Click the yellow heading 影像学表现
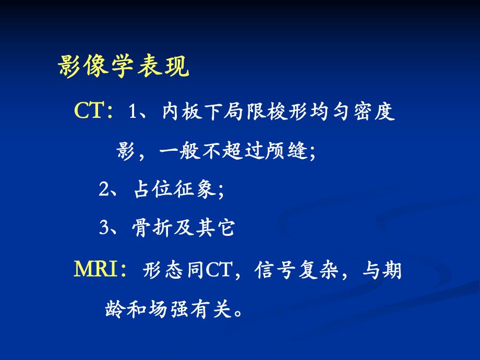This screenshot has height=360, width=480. [x=123, y=66]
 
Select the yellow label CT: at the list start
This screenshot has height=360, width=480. [x=94, y=110]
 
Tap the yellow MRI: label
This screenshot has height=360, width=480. [x=100, y=269]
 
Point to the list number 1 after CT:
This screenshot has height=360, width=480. [x=132, y=111]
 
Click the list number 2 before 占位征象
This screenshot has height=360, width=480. [x=104, y=189]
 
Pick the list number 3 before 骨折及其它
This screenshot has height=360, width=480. [x=104, y=228]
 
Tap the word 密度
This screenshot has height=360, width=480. [x=374, y=111]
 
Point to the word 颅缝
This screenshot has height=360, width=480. [x=287, y=151]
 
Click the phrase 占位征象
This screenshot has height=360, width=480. [x=175, y=189]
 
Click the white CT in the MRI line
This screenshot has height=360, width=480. [x=218, y=270]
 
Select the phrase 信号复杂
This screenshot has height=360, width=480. [x=296, y=270]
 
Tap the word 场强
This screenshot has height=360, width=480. [x=168, y=309]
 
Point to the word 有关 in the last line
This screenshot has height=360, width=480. [x=210, y=309]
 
